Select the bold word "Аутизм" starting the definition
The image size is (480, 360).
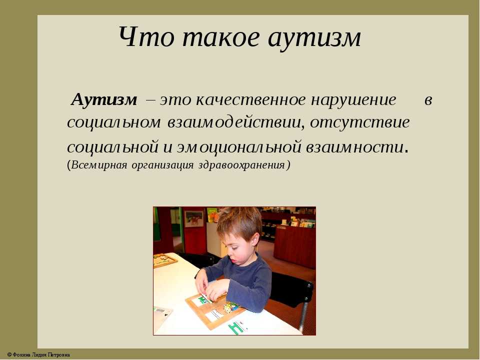click(x=104, y=100)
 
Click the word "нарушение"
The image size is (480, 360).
click(x=353, y=100)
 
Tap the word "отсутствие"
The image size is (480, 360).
click(x=360, y=122)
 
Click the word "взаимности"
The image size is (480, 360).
click(x=355, y=147)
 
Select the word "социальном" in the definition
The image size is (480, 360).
click(x=114, y=123)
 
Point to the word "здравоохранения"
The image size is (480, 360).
click(x=242, y=165)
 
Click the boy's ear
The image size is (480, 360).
click(x=254, y=238)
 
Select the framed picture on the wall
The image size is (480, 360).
click(x=194, y=218)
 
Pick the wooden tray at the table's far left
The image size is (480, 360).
click(x=164, y=260)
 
